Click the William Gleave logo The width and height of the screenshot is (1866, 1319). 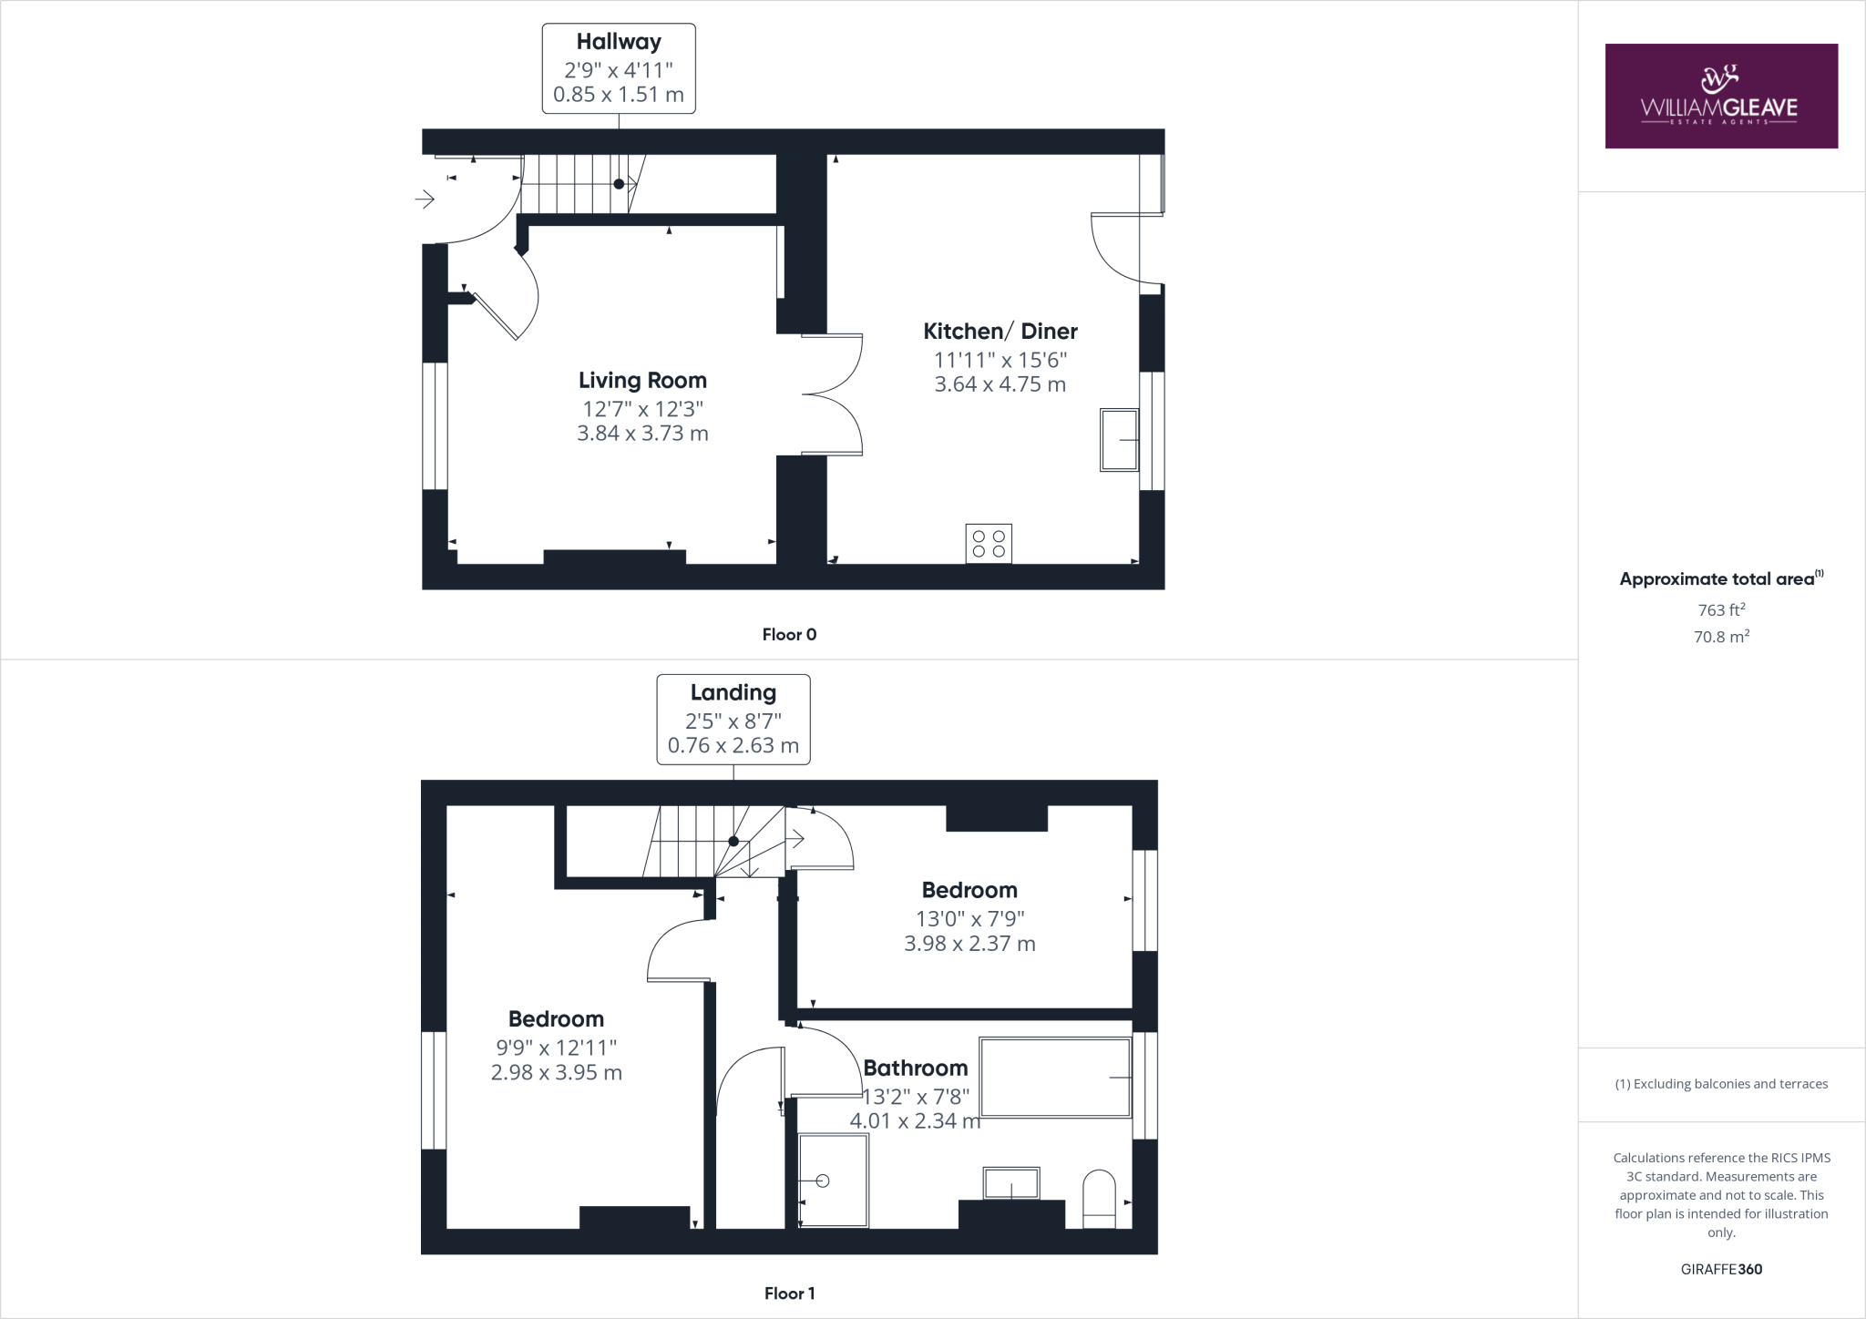pyautogui.click(x=1720, y=96)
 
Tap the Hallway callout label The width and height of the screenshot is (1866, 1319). pyautogui.click(x=619, y=68)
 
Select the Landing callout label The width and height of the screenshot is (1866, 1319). pyautogui.click(x=733, y=719)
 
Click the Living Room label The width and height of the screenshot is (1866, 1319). pyautogui.click(x=642, y=381)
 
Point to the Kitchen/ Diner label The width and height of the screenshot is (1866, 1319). pyautogui.click(x=1000, y=332)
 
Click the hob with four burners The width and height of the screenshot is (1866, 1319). pyautogui.click(x=989, y=544)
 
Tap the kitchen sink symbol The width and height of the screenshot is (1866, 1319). pyautogui.click(x=1119, y=440)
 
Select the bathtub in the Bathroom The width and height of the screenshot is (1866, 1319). pyautogui.click(x=1054, y=1077)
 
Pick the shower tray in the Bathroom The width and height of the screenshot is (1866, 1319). pyautogui.click(x=833, y=1180)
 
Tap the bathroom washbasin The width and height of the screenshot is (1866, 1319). pyautogui.click(x=1010, y=1184)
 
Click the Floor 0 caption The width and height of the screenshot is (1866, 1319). pyautogui.click(x=789, y=635)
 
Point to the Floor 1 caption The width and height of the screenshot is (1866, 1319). pyautogui.click(x=789, y=1293)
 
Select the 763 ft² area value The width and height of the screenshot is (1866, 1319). pyautogui.click(x=1720, y=610)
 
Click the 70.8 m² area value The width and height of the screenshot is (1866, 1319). pyautogui.click(x=1720, y=637)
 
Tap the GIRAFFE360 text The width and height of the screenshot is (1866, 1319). pyautogui.click(x=1721, y=1269)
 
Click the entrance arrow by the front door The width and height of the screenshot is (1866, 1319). pyautogui.click(x=425, y=199)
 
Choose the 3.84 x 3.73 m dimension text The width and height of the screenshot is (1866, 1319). pyautogui.click(x=642, y=434)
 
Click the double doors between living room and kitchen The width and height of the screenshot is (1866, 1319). pyautogui.click(x=832, y=394)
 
